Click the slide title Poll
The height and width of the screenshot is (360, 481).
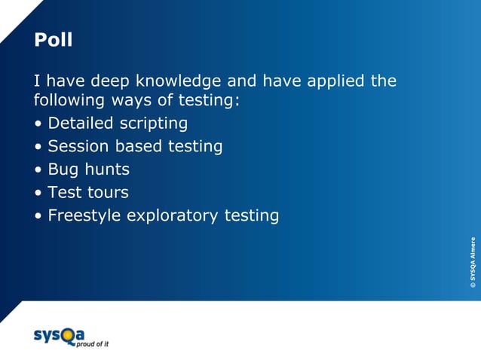pos(53,40)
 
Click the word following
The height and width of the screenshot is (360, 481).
pos(68,100)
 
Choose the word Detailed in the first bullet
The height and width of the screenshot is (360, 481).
pos(82,123)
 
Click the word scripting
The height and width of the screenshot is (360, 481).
pos(155,124)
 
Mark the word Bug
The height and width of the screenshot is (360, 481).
pos(63,169)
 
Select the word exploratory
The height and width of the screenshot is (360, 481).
pos(173,216)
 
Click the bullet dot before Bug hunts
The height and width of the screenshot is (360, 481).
pos(38,170)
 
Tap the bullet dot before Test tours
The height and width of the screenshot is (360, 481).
pos(38,193)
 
